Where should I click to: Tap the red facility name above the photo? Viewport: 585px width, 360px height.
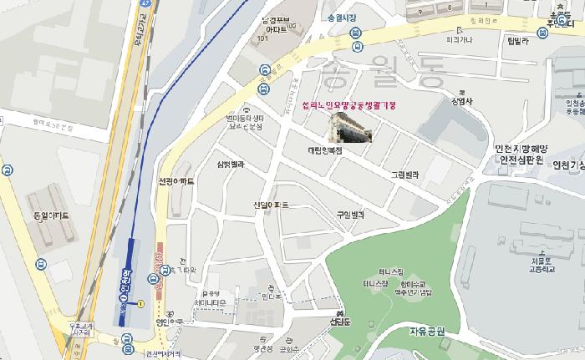point(343,107)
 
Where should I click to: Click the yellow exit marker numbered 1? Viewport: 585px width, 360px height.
point(141,303)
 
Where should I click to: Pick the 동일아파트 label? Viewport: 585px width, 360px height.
point(50,215)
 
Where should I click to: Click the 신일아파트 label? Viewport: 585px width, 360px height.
point(272,205)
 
